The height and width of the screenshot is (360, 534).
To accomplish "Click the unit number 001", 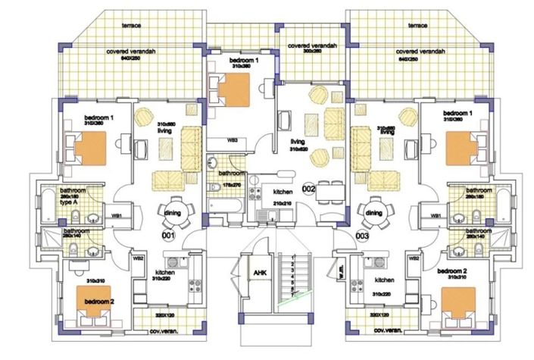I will tap(169, 236).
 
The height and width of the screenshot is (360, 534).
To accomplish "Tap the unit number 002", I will tap(308, 187).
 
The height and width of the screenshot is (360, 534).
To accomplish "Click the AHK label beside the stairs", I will tap(258, 272).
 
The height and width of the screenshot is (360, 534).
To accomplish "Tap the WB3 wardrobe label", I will tap(234, 140).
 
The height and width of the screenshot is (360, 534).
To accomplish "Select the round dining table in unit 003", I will tap(374, 214).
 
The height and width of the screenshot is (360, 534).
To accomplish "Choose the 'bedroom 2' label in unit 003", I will tap(453, 271).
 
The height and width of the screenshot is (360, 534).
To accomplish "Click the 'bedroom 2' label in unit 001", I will tap(99, 302).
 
